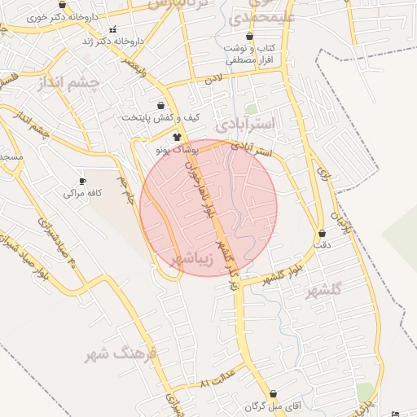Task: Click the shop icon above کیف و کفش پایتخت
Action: click(160, 105)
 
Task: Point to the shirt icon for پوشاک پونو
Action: click(177, 137)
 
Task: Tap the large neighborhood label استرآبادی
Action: click(248, 124)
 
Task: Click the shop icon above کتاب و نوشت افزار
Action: click(249, 37)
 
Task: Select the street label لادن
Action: click(213, 80)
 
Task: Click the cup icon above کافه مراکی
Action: click(81, 181)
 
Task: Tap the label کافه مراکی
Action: click(81, 193)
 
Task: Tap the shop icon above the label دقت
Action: click(323, 233)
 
